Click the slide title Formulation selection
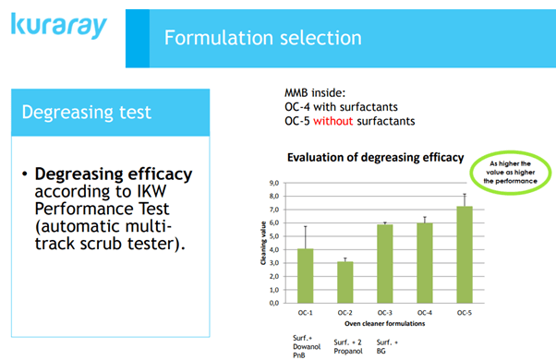tap(262, 38)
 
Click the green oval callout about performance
tap(510, 171)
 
